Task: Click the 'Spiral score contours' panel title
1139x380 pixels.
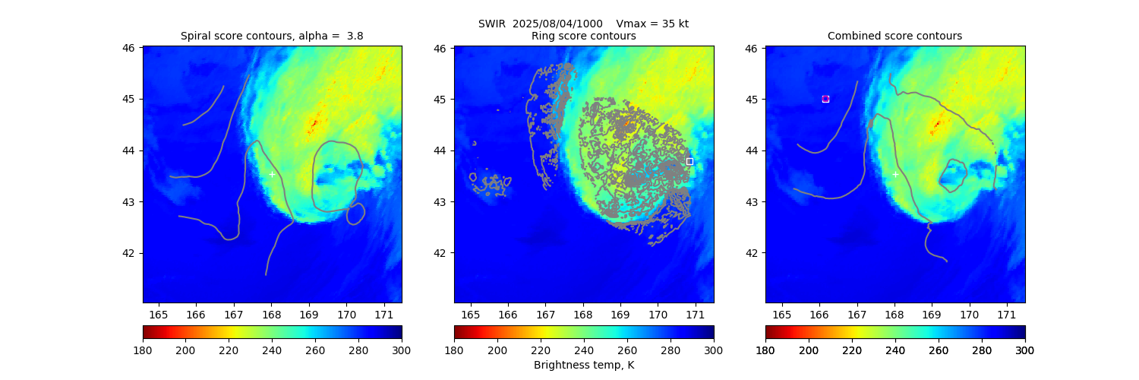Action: click(x=272, y=36)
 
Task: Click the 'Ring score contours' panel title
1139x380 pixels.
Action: click(x=584, y=36)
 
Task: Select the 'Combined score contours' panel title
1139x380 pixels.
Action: click(x=894, y=36)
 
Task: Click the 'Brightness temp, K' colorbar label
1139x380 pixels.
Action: click(x=584, y=365)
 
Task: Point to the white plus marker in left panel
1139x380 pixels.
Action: click(x=272, y=175)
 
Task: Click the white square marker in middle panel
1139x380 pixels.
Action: click(x=689, y=161)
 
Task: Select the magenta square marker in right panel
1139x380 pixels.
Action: click(x=825, y=99)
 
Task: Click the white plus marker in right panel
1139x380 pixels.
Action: click(x=895, y=175)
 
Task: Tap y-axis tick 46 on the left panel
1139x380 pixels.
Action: click(x=129, y=48)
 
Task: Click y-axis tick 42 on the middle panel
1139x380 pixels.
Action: click(x=440, y=253)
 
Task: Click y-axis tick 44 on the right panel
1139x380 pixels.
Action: click(x=752, y=150)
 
